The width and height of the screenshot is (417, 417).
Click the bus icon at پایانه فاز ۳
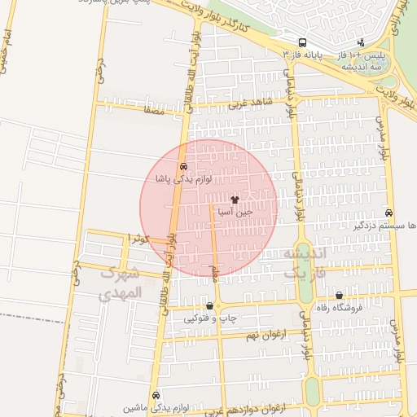(x=302, y=42)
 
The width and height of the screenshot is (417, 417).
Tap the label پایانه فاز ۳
(x=303, y=55)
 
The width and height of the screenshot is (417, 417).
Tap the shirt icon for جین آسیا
(x=235, y=199)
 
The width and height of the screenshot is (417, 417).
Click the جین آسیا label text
(x=235, y=211)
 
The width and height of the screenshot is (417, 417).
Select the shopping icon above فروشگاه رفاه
(x=340, y=296)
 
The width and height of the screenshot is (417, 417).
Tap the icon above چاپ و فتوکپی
(x=210, y=306)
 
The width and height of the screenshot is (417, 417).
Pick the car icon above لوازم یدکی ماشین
(x=156, y=394)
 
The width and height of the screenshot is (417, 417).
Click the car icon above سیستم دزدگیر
(x=388, y=213)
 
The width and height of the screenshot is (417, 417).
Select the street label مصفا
(x=153, y=109)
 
